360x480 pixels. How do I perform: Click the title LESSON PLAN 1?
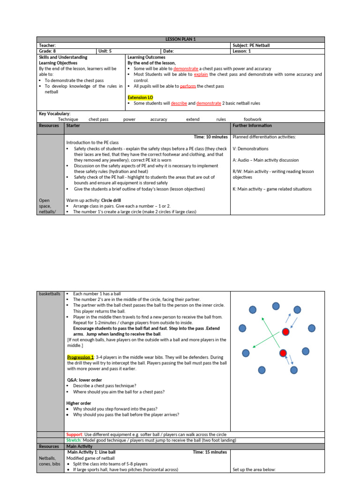180,39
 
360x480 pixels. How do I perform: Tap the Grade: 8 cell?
48,52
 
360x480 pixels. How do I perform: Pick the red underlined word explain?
201,75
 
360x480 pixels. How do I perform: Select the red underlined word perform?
187,86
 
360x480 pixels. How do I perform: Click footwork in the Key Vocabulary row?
253,120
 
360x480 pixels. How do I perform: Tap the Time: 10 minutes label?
210,137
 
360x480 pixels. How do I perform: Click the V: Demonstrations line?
250,149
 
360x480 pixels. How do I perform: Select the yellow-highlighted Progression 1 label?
81,357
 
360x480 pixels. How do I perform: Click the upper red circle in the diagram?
285,332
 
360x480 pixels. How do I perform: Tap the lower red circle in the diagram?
283,353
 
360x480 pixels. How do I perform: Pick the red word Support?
74,435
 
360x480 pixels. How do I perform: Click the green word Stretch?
74,440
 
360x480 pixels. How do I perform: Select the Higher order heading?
79,403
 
